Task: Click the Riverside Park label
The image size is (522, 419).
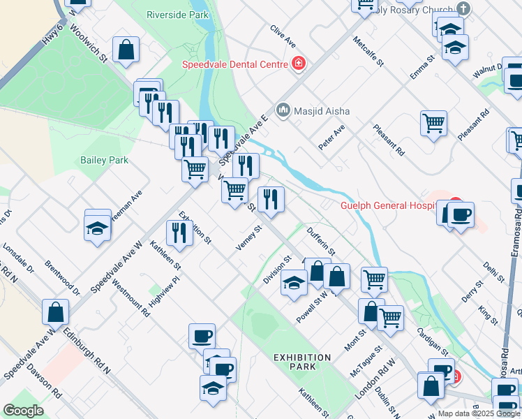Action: pos(177,14)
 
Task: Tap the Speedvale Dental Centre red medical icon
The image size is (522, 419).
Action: pos(299,64)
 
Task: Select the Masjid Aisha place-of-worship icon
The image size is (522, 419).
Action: pos(283,110)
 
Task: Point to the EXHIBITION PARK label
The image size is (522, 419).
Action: pos(302,362)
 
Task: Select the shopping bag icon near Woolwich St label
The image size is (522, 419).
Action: pos(126,50)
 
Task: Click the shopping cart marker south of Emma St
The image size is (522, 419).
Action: pos(433,124)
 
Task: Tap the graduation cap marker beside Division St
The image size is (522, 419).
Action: pos(294,284)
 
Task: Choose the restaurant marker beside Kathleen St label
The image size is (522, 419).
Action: pos(179,233)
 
